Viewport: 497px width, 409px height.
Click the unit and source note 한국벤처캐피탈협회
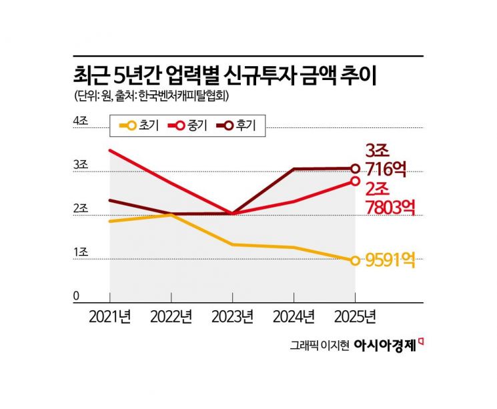point(153,97)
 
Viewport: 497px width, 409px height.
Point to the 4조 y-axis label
point(80,120)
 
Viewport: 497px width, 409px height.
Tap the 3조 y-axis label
point(80,164)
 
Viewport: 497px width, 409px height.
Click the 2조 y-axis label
point(80,208)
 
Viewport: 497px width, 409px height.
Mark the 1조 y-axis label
point(80,252)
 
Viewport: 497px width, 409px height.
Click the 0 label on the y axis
point(76,296)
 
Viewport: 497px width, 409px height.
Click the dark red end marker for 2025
point(356,169)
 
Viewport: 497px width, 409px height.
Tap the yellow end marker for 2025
point(356,260)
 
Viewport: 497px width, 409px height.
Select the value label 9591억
point(394,260)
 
